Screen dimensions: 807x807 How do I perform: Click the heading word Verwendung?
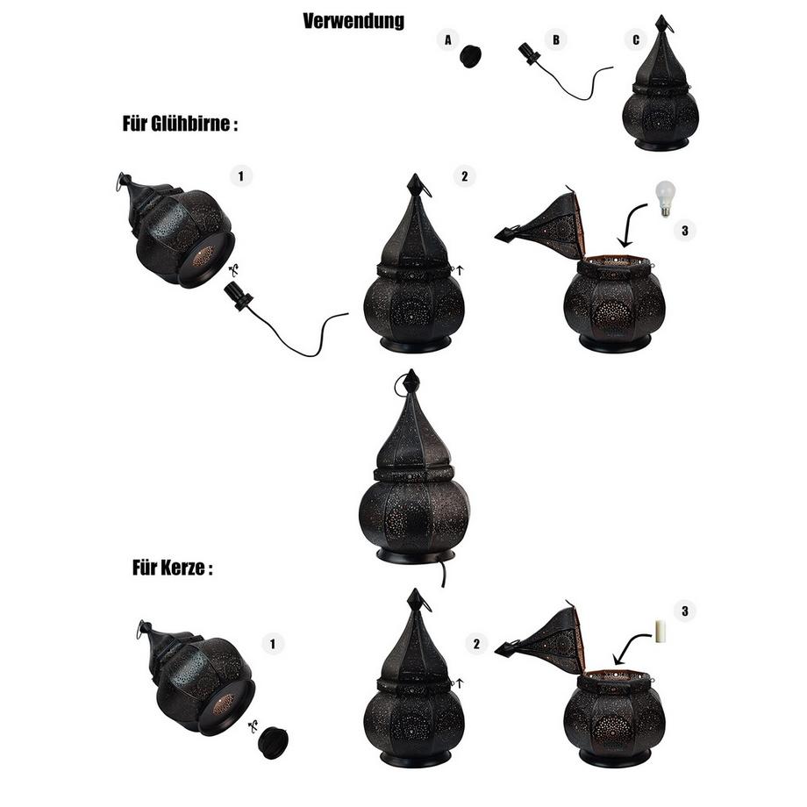(x=354, y=22)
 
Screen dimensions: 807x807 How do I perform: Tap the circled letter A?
(x=448, y=39)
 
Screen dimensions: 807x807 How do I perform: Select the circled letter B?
(x=556, y=39)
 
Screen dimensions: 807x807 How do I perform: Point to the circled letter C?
(x=636, y=39)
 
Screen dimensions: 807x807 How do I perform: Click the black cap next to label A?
(x=470, y=56)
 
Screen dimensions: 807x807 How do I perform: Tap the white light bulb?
(x=666, y=198)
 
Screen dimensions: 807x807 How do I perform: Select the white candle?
(x=660, y=632)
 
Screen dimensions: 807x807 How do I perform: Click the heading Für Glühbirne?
(x=180, y=124)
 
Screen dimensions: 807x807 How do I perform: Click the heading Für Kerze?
(x=173, y=568)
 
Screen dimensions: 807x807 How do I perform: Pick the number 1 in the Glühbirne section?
(x=241, y=176)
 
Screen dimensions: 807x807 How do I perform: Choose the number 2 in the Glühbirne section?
(x=465, y=176)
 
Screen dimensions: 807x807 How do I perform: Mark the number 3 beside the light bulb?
(x=684, y=231)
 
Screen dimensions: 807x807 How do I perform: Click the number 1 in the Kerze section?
(x=273, y=644)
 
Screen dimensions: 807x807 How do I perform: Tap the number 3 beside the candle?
(x=684, y=611)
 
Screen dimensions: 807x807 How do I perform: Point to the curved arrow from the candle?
(x=629, y=645)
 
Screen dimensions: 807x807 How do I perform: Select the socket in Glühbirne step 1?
(x=238, y=297)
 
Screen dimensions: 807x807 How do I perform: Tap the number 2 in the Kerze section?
(x=476, y=644)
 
